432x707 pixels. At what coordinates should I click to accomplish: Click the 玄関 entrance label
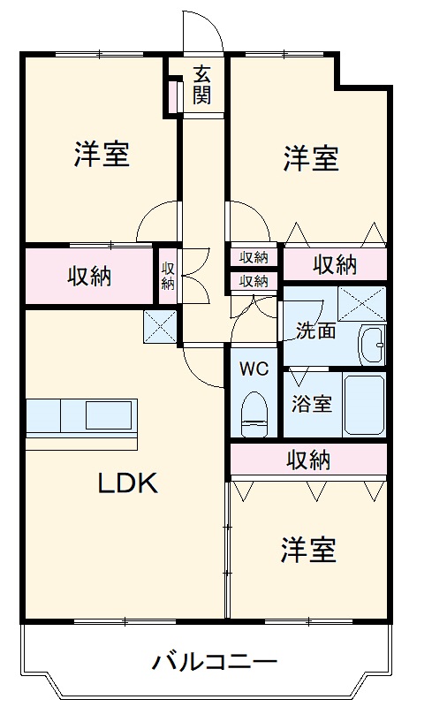tap(202, 86)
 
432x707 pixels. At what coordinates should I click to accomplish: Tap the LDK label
tap(127, 483)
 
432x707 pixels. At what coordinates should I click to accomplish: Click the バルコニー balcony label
tap(215, 661)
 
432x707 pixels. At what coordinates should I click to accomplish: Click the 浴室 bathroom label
tap(312, 404)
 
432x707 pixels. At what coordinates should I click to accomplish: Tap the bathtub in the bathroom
tap(363, 404)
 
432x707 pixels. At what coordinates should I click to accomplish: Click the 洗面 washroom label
tap(315, 331)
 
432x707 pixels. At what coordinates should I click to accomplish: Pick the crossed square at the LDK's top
tap(161, 327)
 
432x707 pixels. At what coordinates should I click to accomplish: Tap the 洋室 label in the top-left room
tap(102, 155)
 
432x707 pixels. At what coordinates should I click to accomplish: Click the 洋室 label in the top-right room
tap(312, 159)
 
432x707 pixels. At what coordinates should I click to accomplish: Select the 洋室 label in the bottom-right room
tap(308, 551)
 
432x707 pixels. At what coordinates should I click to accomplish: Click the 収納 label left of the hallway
tap(89, 276)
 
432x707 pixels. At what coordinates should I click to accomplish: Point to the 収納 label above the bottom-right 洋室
tap(308, 460)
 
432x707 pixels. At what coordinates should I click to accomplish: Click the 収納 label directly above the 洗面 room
tap(335, 263)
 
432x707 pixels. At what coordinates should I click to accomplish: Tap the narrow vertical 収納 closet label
tap(168, 276)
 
